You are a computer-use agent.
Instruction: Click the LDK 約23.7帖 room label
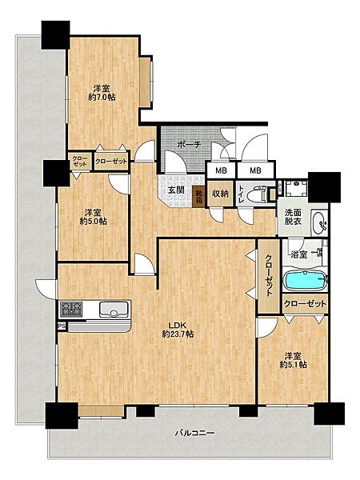pyautogui.click(x=178, y=330)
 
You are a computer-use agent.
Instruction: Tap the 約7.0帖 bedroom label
pyautogui.click(x=102, y=94)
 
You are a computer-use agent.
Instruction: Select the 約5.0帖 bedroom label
pyautogui.click(x=94, y=217)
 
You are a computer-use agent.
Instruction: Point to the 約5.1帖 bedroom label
pyautogui.click(x=294, y=361)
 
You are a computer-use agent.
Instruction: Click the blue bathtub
pyautogui.click(x=305, y=281)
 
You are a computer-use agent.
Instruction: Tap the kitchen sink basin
pyautogui.click(x=114, y=310)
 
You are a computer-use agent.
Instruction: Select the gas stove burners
pyautogui.click(x=72, y=309)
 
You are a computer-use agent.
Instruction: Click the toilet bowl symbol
pyautogui.click(x=255, y=195)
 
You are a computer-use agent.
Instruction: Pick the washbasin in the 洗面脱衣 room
pyautogui.click(x=319, y=222)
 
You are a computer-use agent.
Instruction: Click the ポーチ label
pyautogui.click(x=189, y=144)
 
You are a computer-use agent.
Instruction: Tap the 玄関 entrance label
pyautogui.click(x=176, y=190)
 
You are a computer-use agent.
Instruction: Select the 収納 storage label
pyautogui.click(x=221, y=194)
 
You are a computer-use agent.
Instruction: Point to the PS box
pyautogui.click(x=62, y=326)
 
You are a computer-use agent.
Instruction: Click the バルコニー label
pyautogui.click(x=194, y=433)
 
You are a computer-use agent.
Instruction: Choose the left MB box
pyautogui.click(x=221, y=170)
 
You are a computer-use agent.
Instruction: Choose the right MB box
pyautogui.click(x=255, y=170)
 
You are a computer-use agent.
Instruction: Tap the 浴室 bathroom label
pyautogui.click(x=298, y=254)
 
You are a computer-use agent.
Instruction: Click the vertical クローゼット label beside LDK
pyautogui.click(x=269, y=275)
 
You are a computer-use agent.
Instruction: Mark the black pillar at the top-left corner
pyautogui.click(x=56, y=34)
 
